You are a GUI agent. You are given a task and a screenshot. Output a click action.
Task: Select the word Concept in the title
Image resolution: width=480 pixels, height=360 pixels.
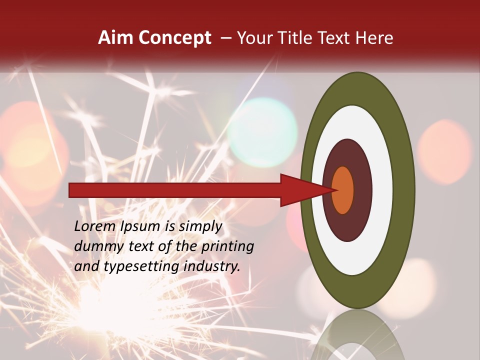(x=174, y=38)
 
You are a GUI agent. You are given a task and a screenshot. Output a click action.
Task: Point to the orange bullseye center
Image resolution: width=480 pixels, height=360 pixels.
(x=343, y=190)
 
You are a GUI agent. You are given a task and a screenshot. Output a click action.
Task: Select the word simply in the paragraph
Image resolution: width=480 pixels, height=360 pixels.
(x=200, y=227)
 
